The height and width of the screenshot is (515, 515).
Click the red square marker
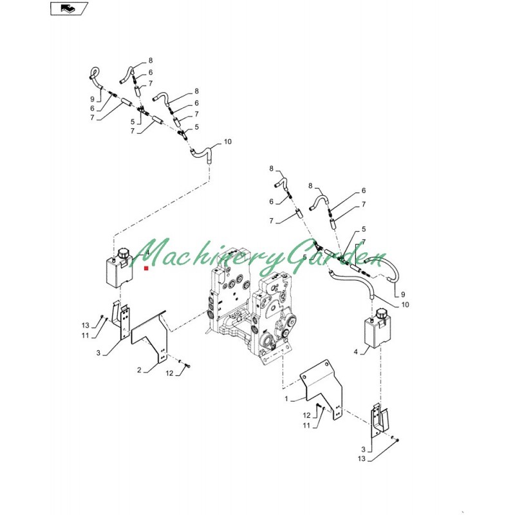[x=146, y=268]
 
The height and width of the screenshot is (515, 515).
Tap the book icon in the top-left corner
[x=68, y=8]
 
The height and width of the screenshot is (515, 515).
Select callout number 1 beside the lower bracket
[x=286, y=398]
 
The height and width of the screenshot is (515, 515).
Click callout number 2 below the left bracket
[x=139, y=370]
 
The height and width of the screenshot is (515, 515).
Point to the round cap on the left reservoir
[x=124, y=254]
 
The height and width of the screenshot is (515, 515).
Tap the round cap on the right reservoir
[x=382, y=314]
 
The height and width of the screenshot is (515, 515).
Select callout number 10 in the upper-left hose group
[x=228, y=142]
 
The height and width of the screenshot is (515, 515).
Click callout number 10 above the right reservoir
[x=405, y=304]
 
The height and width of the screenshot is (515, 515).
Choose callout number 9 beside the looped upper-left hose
[x=92, y=99]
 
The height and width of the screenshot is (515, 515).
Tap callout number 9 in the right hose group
[x=403, y=295]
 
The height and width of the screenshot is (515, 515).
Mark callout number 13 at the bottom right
[x=361, y=458]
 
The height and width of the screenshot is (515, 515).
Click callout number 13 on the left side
[x=86, y=325]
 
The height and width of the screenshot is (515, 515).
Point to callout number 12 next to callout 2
[x=169, y=373]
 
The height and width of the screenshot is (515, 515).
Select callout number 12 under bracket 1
[x=306, y=416]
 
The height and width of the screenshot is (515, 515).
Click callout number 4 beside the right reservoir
[x=355, y=352]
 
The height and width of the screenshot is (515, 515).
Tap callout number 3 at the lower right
[x=363, y=449]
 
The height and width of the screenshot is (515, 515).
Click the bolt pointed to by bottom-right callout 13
[x=397, y=440]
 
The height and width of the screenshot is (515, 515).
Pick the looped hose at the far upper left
[x=95, y=78]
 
